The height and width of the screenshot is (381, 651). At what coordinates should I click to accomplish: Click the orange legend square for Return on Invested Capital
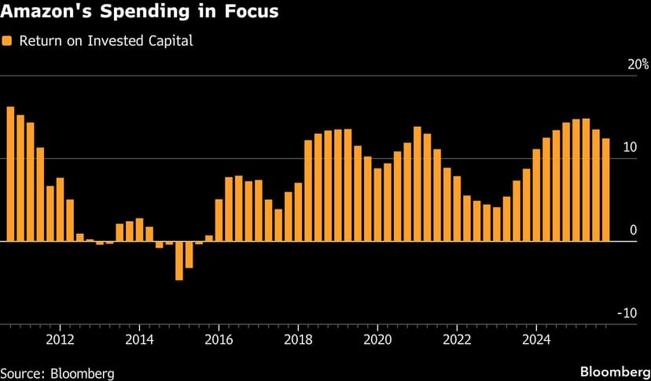point(7,40)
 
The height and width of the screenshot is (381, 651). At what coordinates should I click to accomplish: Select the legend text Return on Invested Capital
point(105,40)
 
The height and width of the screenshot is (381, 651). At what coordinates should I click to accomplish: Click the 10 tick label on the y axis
point(629,148)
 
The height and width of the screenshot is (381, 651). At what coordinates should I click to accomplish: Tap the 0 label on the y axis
point(632,231)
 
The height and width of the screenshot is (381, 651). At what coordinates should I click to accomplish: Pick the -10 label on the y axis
point(627,313)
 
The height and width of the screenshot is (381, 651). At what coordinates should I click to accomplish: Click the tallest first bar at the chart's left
point(10,173)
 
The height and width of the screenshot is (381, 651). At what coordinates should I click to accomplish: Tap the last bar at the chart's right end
point(605,190)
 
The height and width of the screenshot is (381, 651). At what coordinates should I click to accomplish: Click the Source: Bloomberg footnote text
point(57,372)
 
